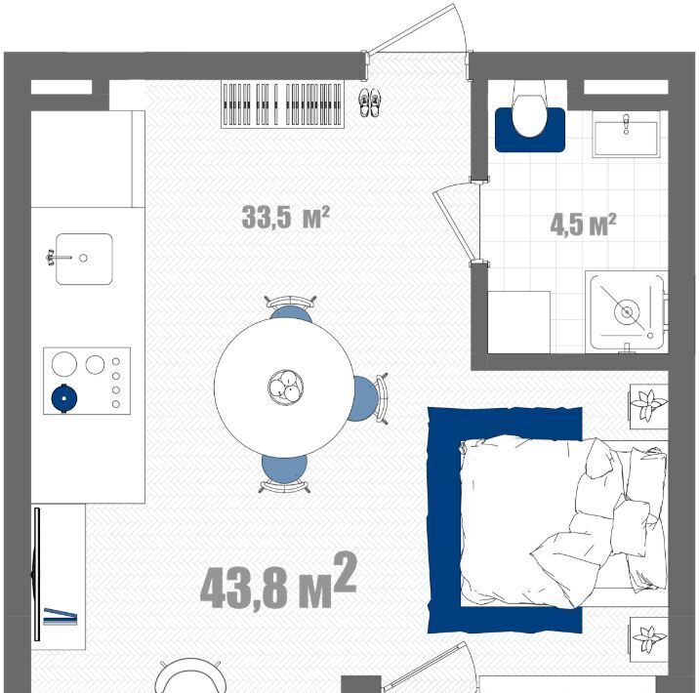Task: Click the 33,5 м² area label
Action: [x=285, y=217]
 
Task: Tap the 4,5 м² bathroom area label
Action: [x=583, y=224]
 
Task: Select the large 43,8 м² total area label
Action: [x=278, y=582]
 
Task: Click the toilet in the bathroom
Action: [x=529, y=108]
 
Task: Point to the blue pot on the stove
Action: [x=64, y=398]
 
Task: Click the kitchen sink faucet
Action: [x=58, y=258]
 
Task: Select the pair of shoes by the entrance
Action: [x=370, y=102]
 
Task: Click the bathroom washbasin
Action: [x=626, y=134]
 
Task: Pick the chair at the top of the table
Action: [x=291, y=307]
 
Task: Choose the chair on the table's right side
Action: [x=368, y=399]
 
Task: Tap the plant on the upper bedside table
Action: [x=648, y=405]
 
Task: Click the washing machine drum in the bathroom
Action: [x=627, y=312]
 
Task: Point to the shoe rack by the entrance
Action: [x=283, y=104]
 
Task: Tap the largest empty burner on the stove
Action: [x=64, y=364]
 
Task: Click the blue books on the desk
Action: [x=61, y=617]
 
